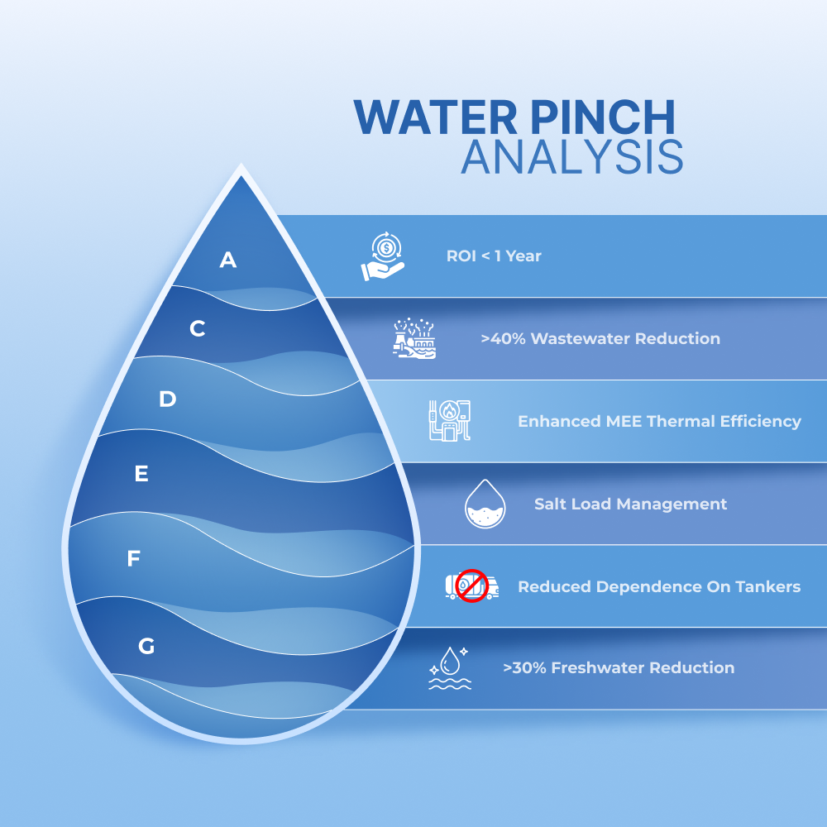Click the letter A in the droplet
(228, 260)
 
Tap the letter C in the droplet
(198, 328)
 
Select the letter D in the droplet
(168, 399)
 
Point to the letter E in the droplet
(141, 474)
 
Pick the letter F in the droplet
(133, 558)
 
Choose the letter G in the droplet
(146, 646)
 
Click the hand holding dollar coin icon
(383, 256)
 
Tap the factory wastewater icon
(414, 338)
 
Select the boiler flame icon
(449, 420)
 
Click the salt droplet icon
(485, 504)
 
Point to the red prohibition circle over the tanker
(472, 586)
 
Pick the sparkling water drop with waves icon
(449, 668)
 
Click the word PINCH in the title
(603, 117)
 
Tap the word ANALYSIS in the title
(572, 156)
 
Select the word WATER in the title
(436, 117)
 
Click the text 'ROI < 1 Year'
(494, 256)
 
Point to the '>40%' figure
(503, 338)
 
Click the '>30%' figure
(525, 668)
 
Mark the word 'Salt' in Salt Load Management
(551, 504)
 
